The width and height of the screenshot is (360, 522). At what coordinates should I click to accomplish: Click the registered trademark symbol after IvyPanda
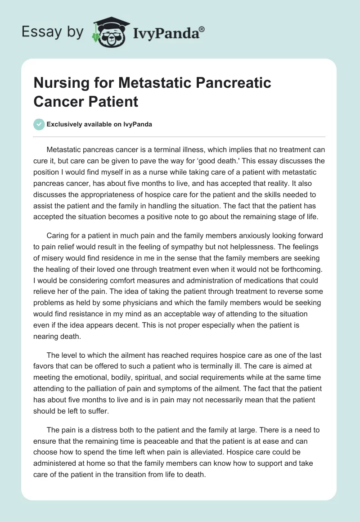[202, 30]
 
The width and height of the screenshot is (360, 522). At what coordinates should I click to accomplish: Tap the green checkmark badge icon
[39, 124]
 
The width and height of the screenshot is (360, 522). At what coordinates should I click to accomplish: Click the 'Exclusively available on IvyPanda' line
[99, 125]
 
